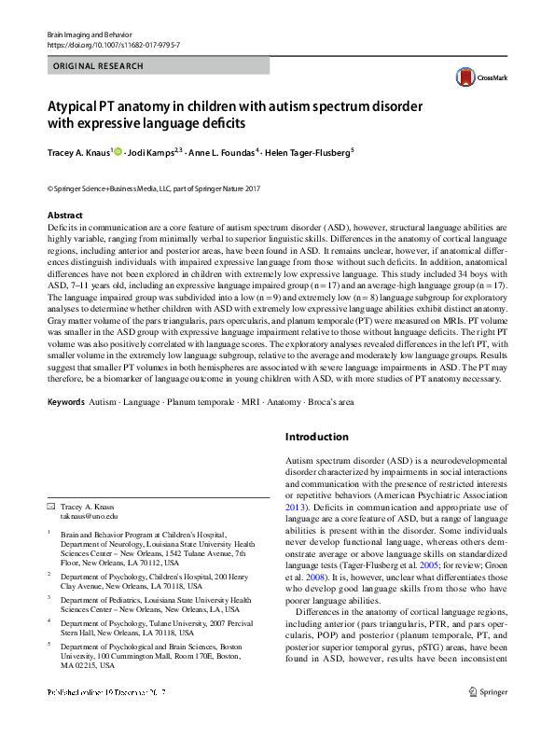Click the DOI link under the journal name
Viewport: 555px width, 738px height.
pyautogui.click(x=116, y=45)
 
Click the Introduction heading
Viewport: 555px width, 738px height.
pyautogui.click(x=317, y=437)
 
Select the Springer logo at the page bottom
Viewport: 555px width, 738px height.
pyautogui.click(x=485, y=717)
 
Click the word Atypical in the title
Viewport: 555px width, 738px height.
pyautogui.click(x=74, y=104)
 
